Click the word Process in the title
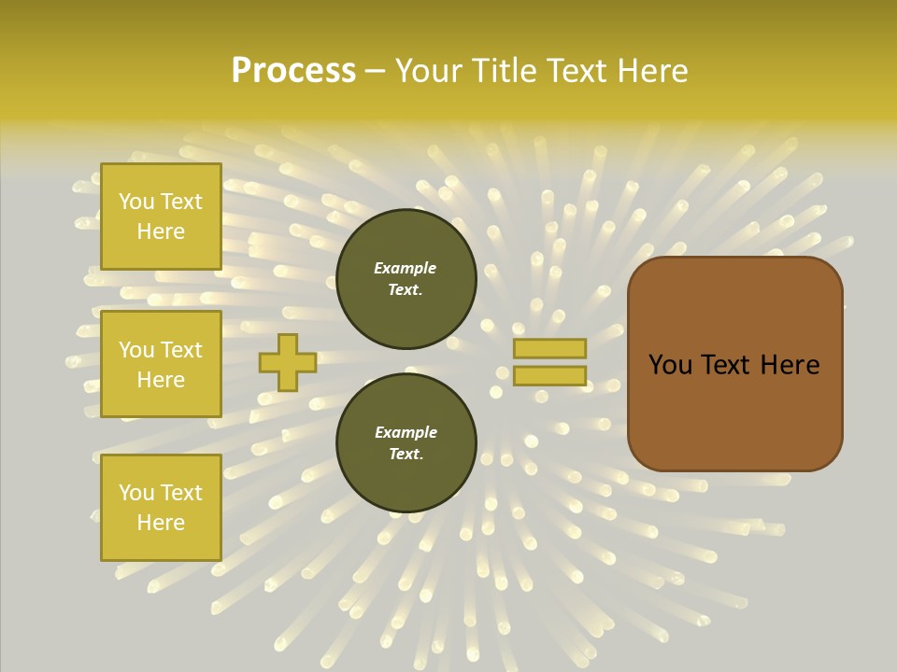(x=293, y=71)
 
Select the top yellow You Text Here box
(x=161, y=217)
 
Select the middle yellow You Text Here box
(x=161, y=364)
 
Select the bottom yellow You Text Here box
(x=161, y=507)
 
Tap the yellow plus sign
(x=288, y=362)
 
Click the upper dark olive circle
(x=406, y=279)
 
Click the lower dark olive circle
(x=406, y=442)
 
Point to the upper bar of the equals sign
(x=549, y=348)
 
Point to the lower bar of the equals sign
(x=549, y=376)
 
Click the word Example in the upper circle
(x=405, y=268)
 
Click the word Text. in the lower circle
(x=406, y=454)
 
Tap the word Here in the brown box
(x=790, y=365)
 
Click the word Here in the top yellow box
(x=161, y=231)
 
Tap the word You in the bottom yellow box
(x=136, y=492)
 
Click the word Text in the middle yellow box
(x=181, y=349)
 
